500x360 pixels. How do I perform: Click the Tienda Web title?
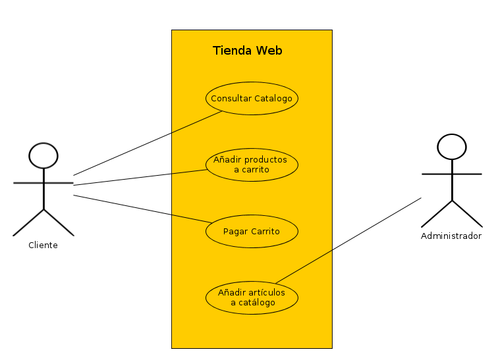(247, 51)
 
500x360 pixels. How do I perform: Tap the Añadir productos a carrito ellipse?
(252, 165)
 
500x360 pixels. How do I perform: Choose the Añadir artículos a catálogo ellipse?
(252, 297)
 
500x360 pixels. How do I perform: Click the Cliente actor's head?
(43, 155)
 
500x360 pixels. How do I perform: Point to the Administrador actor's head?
(452, 147)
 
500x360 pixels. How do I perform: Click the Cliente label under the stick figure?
(43, 245)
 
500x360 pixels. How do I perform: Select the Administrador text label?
(451, 236)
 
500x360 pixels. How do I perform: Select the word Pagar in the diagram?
(235, 232)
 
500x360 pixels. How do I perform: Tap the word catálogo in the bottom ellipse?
(258, 303)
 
